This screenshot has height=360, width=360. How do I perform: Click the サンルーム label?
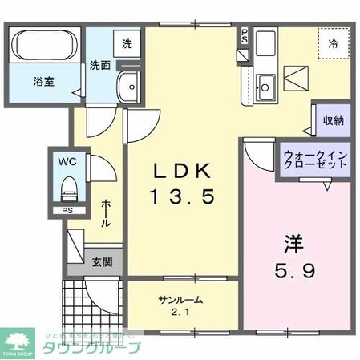(180, 300)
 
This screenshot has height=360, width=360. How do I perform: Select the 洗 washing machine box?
(127, 46)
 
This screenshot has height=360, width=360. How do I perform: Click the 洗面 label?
(99, 65)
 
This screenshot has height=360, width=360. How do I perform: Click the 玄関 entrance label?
(102, 261)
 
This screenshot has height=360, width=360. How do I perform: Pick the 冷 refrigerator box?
(333, 44)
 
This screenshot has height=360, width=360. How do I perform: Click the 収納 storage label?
(333, 120)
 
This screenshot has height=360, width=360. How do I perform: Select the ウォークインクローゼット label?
(314, 157)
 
